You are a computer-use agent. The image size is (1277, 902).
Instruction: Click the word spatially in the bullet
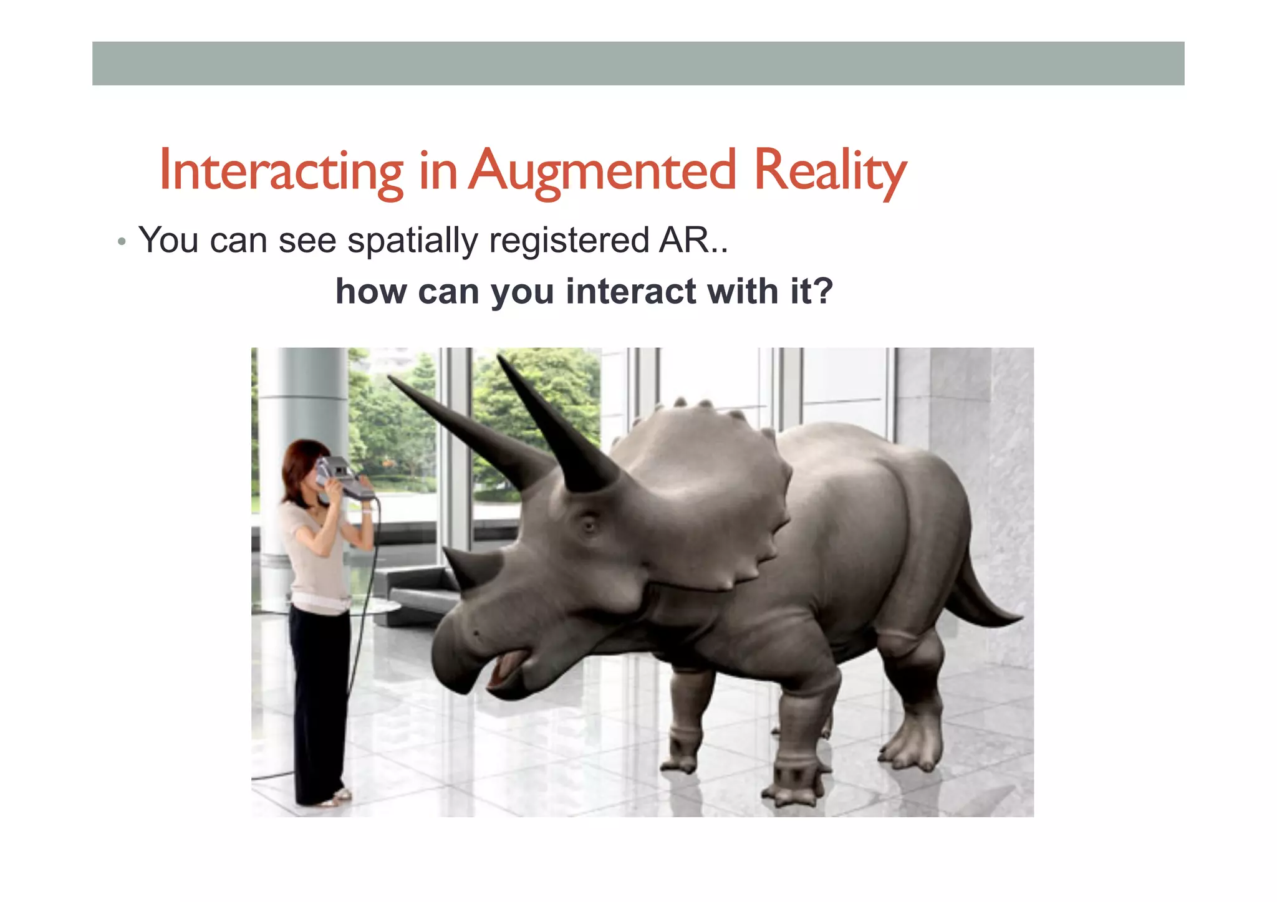click(x=413, y=241)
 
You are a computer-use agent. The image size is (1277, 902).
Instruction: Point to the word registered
click(x=569, y=241)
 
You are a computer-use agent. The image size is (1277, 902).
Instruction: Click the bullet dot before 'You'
click(x=122, y=242)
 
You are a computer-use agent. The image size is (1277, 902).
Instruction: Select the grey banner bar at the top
click(x=638, y=64)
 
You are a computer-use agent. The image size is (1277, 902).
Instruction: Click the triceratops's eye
click(x=589, y=525)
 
